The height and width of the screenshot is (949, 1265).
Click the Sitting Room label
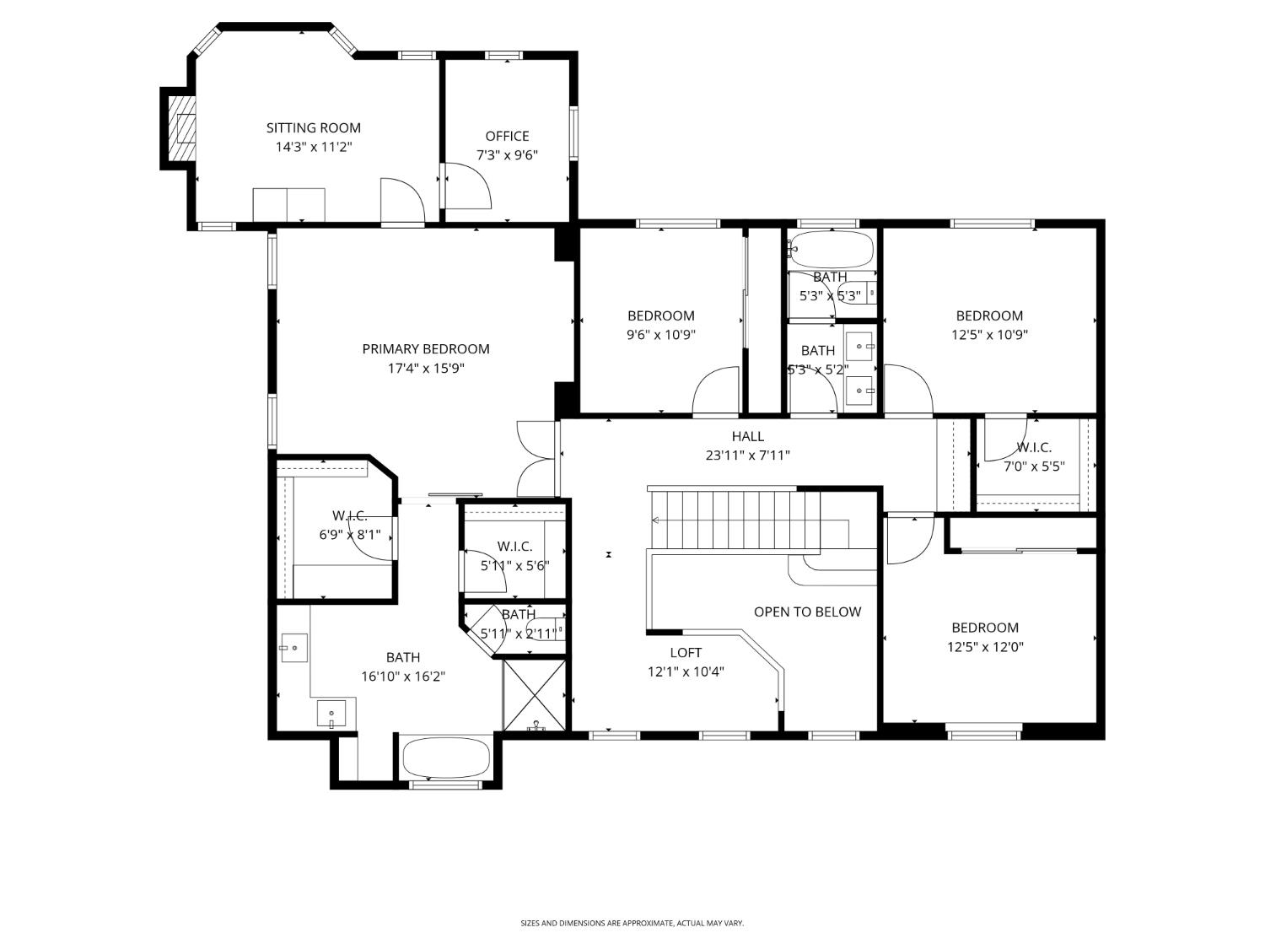[313, 128]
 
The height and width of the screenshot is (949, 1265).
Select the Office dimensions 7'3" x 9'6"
[507, 155]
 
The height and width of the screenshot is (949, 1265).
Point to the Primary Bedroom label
[425, 349]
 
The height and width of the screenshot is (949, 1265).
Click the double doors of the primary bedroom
[536, 459]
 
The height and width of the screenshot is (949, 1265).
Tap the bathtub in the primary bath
[446, 758]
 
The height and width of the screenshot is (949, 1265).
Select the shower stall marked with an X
[536, 695]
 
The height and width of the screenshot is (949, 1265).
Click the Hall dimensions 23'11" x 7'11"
[747, 456]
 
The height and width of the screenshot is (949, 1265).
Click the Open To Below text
[807, 612]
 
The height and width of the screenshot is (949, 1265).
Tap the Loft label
[685, 653]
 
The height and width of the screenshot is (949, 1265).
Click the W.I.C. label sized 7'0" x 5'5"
[1033, 448]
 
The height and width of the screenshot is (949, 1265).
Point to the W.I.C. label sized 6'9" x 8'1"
[349, 515]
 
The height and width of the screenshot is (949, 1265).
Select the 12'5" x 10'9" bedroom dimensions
[989, 335]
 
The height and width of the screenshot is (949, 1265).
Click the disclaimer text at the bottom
[632, 924]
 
